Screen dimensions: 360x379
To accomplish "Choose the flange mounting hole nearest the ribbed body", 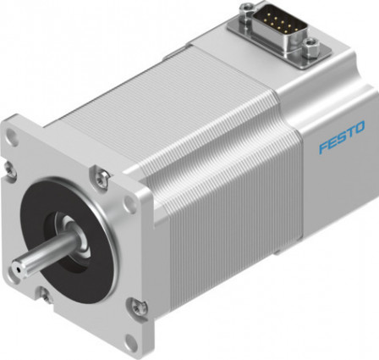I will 129,203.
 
